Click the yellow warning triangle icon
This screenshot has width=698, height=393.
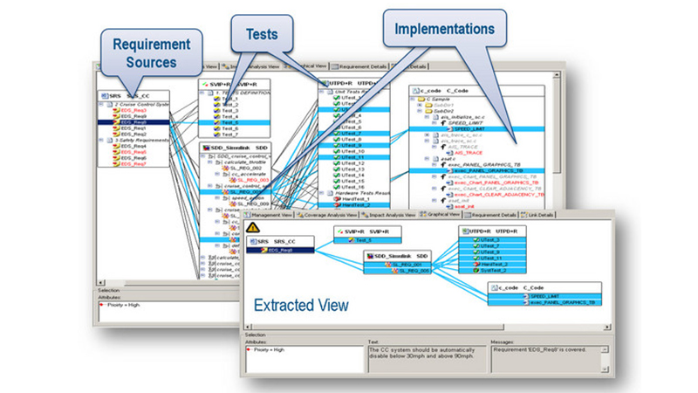pos(253,228)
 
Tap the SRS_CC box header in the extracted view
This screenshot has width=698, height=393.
pos(283,239)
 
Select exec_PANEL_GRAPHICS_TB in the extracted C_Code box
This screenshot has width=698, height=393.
pos(563,302)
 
